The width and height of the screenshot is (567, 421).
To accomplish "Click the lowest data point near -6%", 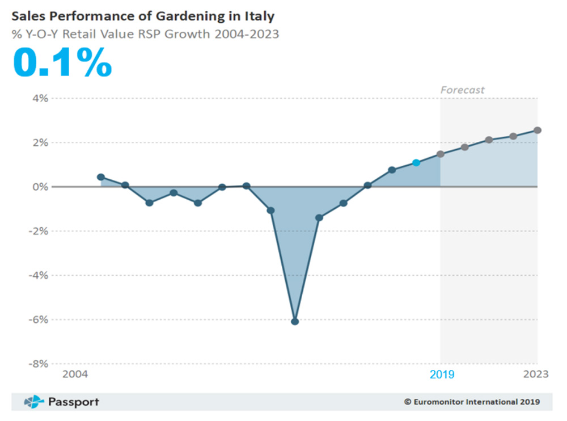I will (295, 322).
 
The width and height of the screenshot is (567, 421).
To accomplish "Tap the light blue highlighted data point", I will (416, 163).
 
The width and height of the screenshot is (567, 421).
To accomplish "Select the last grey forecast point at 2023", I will (538, 130).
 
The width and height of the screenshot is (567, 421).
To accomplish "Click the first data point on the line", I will (101, 177).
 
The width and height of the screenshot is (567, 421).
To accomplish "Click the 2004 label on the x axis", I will (75, 374).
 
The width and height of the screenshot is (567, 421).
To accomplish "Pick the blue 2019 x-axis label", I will (442, 374).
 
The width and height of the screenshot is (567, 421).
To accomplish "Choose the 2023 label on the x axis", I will (536, 374).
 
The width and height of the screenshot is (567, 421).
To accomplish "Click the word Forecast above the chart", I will (463, 90).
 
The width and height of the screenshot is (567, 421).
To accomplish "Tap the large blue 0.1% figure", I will (62, 62).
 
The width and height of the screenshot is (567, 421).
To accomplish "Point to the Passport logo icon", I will (34, 402).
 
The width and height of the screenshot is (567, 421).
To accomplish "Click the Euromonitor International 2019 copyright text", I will (472, 402).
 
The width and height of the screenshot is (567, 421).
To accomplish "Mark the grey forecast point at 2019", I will (441, 154).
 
